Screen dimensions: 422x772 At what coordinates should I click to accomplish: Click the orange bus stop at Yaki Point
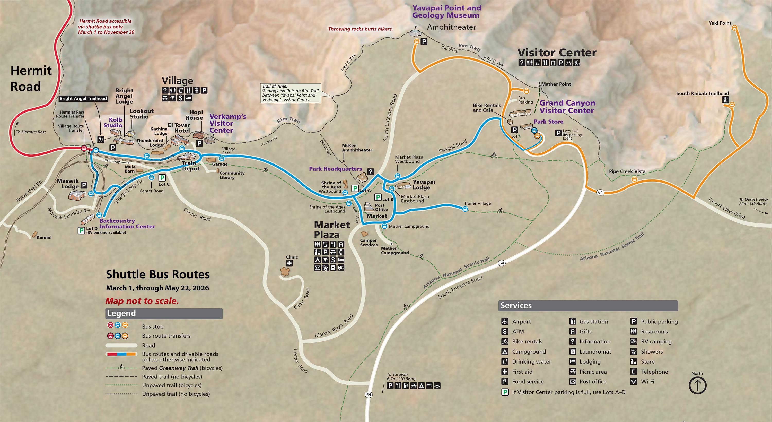(x=734, y=28)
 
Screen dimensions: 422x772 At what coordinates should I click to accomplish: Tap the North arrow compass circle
(x=697, y=385)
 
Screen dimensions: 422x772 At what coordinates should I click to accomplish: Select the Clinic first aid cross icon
(x=289, y=263)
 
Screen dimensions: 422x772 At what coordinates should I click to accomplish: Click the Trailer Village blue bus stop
(x=465, y=209)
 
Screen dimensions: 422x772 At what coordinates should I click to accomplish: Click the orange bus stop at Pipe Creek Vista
(x=634, y=179)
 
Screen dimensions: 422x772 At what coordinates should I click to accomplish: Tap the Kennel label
(x=44, y=237)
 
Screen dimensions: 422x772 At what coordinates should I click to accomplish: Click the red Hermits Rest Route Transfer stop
(x=84, y=148)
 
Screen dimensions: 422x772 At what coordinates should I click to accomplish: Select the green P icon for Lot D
(x=81, y=230)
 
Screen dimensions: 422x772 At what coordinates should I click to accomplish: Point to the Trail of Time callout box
(x=290, y=93)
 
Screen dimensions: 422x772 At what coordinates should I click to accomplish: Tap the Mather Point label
(x=556, y=84)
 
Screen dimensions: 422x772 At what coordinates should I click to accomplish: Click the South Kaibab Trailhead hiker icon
(x=725, y=100)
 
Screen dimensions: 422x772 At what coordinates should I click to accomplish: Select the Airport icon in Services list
(x=505, y=322)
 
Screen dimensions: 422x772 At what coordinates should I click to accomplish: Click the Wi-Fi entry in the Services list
(x=647, y=382)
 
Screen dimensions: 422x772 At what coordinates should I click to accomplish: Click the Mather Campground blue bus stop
(x=384, y=226)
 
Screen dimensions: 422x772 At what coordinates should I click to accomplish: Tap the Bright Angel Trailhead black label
(x=83, y=98)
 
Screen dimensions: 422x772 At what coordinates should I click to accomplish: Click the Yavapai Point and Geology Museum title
(x=446, y=12)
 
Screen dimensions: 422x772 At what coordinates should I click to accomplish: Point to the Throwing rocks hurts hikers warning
(x=360, y=29)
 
